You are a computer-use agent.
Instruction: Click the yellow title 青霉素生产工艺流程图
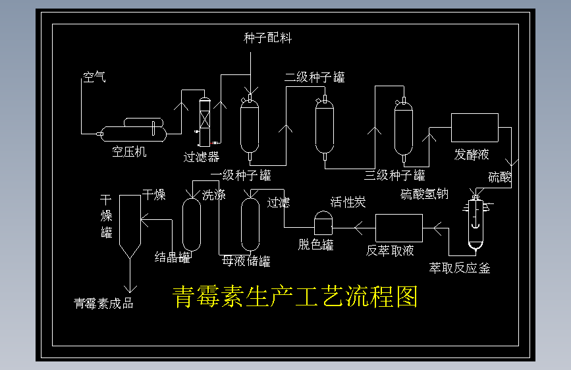[x=294, y=298]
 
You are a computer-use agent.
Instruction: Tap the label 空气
[x=94, y=78]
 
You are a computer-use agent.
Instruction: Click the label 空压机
[x=129, y=152]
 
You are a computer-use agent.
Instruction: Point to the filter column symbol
[x=204, y=122]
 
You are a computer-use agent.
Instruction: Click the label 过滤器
[x=201, y=157]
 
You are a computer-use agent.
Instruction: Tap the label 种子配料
[x=267, y=38]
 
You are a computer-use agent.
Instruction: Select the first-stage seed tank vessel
[x=250, y=126]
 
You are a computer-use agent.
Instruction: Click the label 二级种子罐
[x=314, y=78]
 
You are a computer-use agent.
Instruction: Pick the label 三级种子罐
[x=394, y=176]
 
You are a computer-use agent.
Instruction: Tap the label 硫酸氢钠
[x=424, y=194]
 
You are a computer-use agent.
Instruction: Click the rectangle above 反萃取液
[x=398, y=228]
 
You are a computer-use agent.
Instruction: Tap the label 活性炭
[x=348, y=202]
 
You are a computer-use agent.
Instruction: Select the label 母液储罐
[x=246, y=261]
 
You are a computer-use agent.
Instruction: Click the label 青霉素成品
[x=103, y=304]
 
